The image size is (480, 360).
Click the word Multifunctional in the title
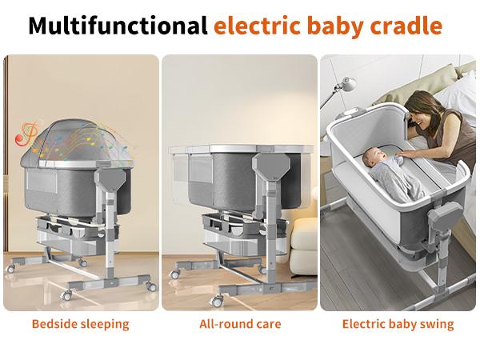(118, 26)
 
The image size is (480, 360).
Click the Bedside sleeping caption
(80, 324)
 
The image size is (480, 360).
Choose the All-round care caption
(240, 324)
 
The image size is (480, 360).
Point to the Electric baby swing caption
(398, 324)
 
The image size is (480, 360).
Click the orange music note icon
(26, 134)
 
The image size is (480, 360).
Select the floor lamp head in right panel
(347, 82)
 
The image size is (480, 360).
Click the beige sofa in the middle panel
(304, 240)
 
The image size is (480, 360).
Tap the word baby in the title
(335, 26)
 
